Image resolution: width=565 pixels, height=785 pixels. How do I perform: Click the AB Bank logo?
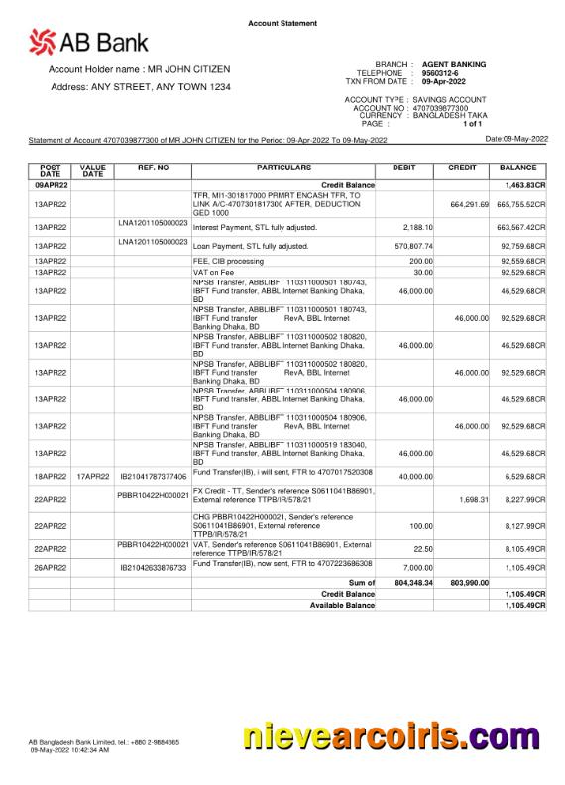click(x=88, y=42)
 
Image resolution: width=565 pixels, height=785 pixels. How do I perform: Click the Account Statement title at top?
click(x=282, y=23)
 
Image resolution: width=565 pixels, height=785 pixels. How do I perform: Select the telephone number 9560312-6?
click(x=439, y=73)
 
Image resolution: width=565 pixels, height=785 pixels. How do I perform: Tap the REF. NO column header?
click(x=153, y=168)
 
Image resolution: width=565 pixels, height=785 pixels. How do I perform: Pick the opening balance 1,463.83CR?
click(x=524, y=185)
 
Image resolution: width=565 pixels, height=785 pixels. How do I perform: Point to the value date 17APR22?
click(x=92, y=477)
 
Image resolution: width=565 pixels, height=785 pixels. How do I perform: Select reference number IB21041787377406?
click(x=153, y=477)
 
